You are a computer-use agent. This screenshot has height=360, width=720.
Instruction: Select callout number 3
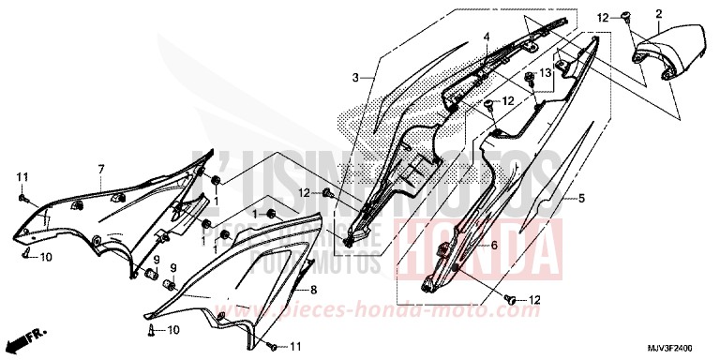pos(355,76)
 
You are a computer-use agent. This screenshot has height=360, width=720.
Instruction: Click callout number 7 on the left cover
pos(100,169)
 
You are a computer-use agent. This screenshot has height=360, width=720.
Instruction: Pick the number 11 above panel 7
pos(22,176)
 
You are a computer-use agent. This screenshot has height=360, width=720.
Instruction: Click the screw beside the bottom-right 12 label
pos(510,298)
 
